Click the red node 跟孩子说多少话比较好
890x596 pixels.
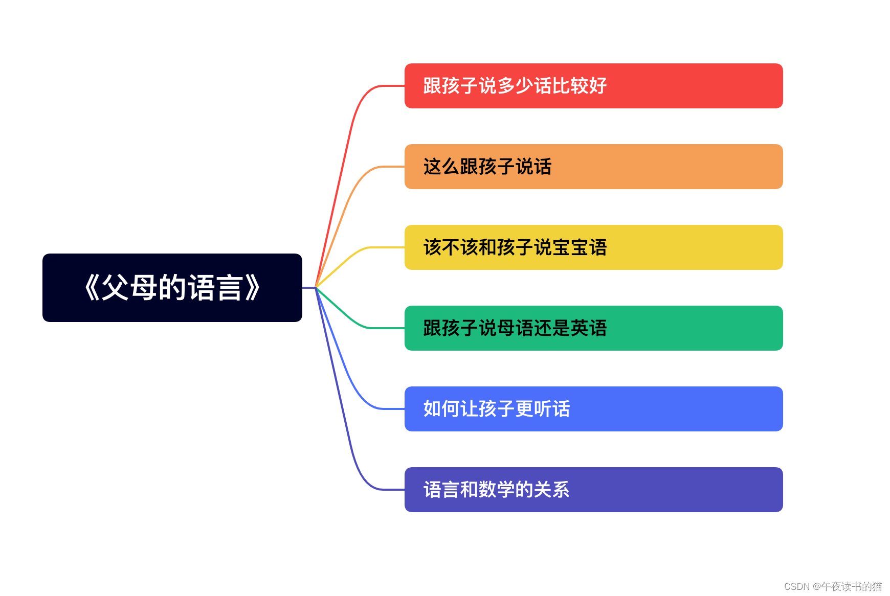(x=593, y=86)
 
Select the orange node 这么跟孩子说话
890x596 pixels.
(x=593, y=167)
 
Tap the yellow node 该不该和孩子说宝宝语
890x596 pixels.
(x=593, y=247)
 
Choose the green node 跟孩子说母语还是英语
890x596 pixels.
(x=593, y=328)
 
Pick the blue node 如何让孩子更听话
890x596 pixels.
(x=593, y=409)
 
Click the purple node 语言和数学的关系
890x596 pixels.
(x=593, y=490)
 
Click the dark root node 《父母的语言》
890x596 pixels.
(x=172, y=288)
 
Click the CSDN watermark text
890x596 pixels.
(x=833, y=586)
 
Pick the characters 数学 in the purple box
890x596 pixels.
(x=496, y=490)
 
